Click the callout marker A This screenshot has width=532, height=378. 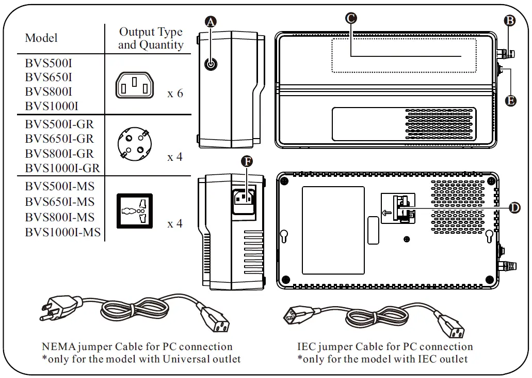211,21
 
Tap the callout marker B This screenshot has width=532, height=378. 510,21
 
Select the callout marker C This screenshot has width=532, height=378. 350,18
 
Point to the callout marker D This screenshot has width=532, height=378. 514,208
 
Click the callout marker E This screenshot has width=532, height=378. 510,100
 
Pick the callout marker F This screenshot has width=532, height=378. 248,161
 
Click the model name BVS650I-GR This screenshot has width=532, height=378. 59,139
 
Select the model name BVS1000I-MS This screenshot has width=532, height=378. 62,232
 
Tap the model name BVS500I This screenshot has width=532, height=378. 48,64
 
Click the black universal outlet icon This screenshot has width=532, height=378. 135,210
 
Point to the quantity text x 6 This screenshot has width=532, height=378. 175,94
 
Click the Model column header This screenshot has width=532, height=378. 41,38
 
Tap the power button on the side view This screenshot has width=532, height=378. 211,64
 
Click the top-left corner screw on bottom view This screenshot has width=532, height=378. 284,181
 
